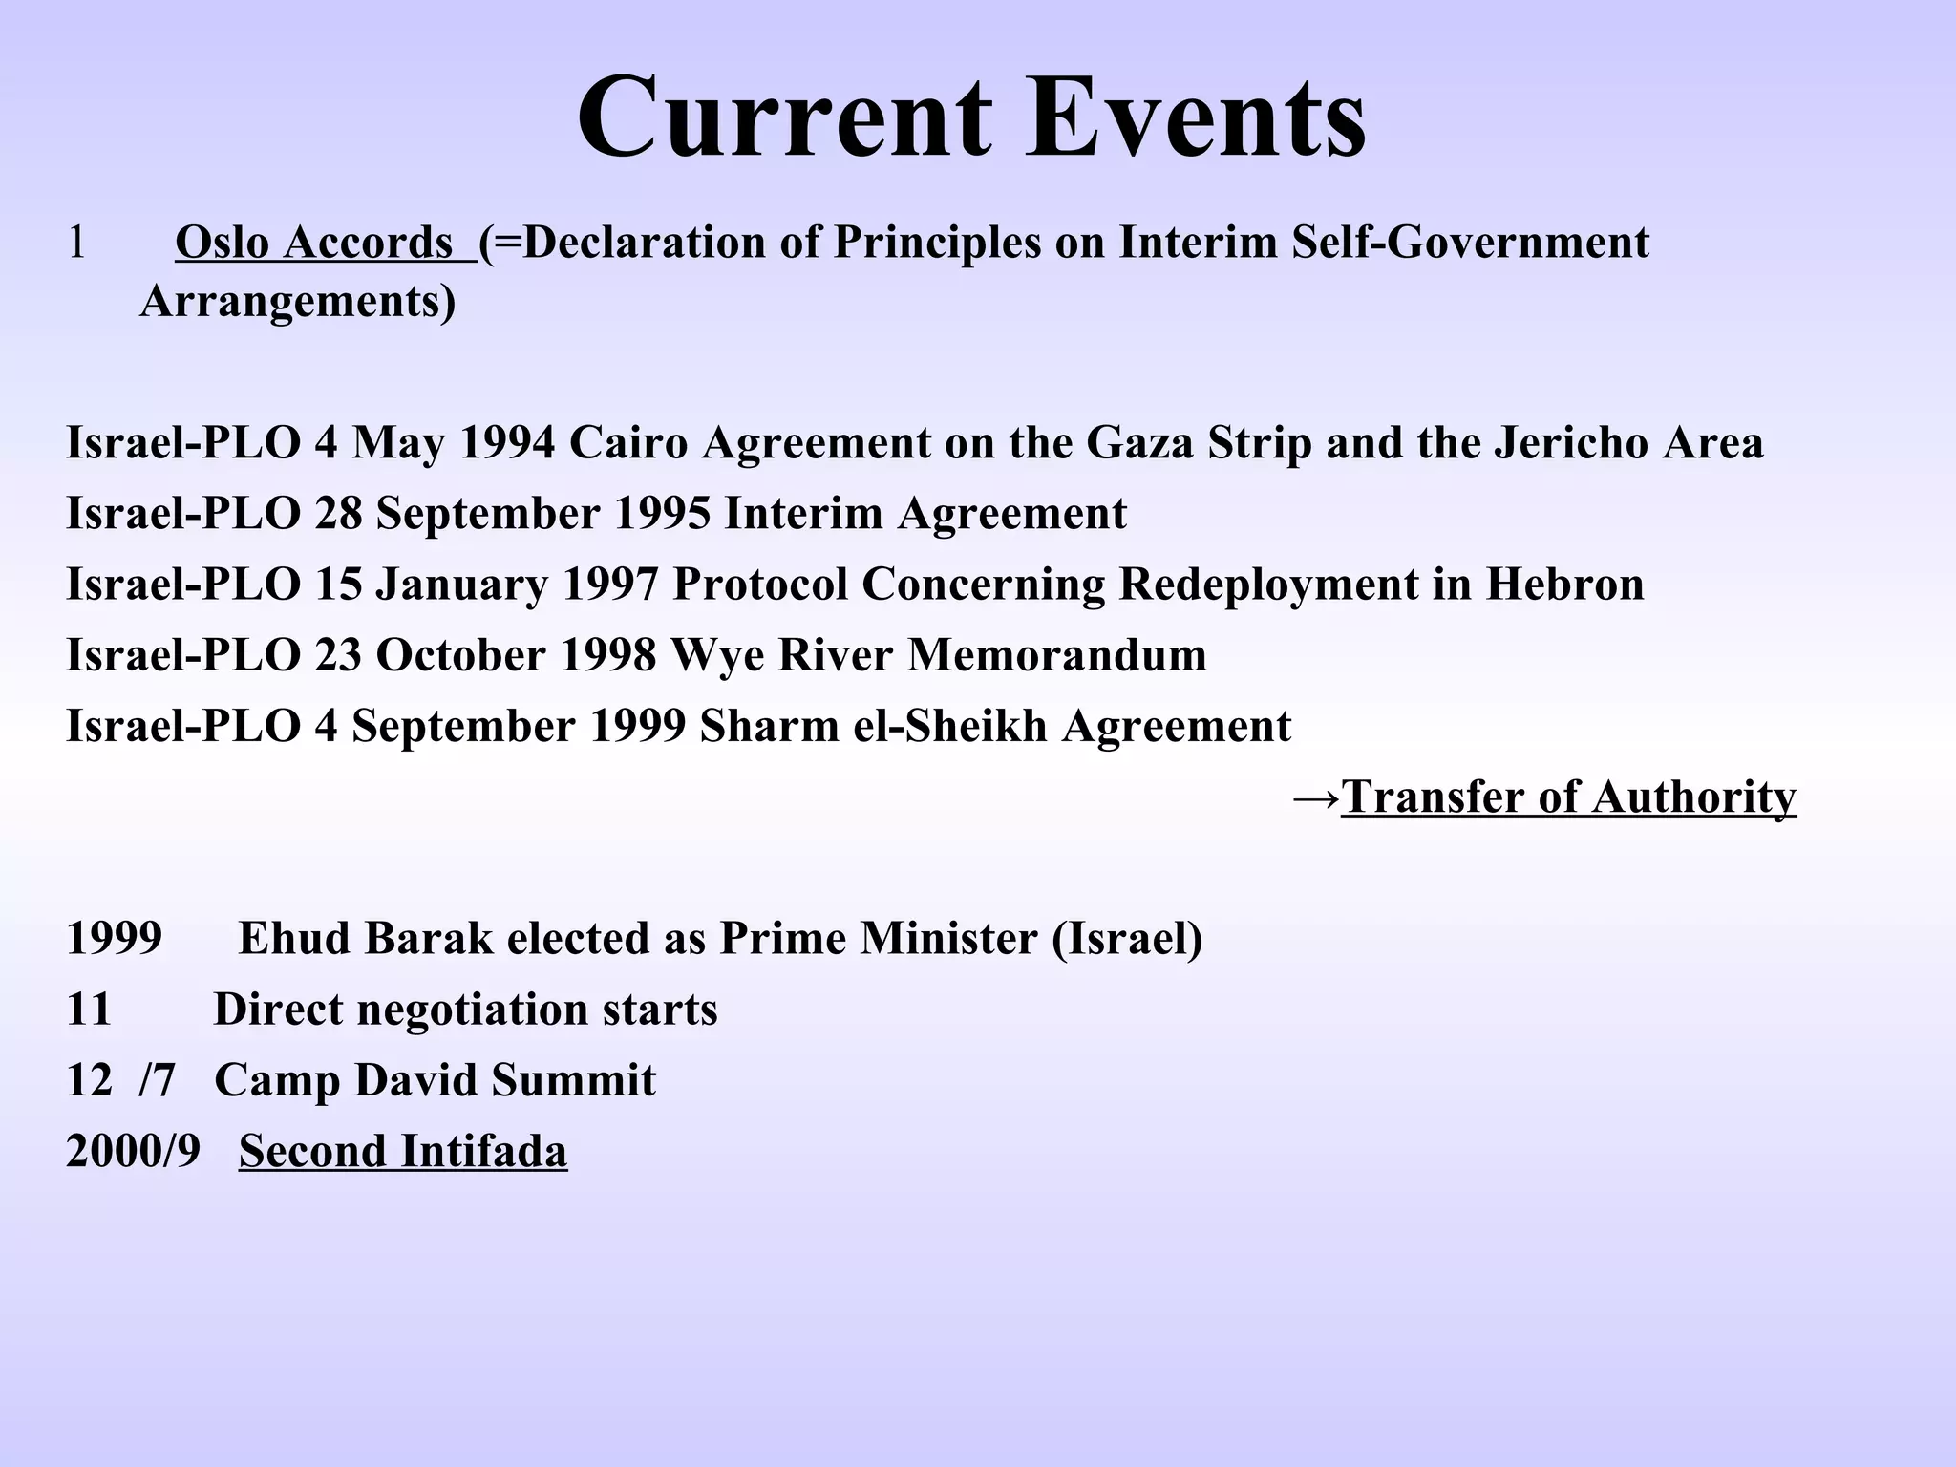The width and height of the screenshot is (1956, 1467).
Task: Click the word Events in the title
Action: click(x=1196, y=118)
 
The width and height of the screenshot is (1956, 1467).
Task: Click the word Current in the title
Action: click(x=784, y=118)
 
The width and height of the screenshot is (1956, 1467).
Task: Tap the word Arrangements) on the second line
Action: click(x=298, y=302)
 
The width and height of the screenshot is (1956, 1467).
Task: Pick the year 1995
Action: click(x=662, y=514)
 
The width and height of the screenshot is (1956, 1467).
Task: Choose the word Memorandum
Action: click(x=1056, y=655)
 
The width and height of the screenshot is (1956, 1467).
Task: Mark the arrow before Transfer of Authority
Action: click(x=1315, y=797)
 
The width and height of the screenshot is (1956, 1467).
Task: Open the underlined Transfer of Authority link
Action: click(x=1568, y=797)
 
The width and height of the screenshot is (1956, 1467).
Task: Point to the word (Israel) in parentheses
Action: click(x=1127, y=939)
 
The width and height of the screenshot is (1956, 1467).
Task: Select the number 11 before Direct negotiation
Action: click(x=89, y=1010)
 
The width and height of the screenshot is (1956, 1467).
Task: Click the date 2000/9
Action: click(x=133, y=1151)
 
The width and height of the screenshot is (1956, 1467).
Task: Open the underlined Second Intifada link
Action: click(x=402, y=1151)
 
